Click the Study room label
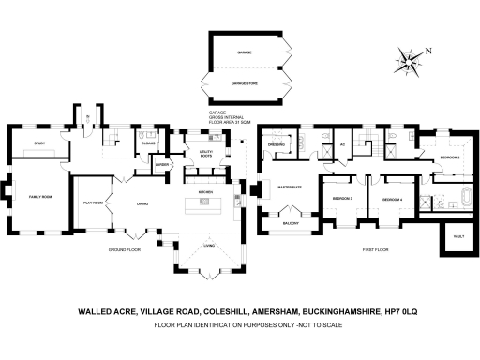39,143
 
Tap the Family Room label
40,196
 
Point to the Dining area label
143,202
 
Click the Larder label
161,165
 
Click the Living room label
208,247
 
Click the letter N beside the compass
428,51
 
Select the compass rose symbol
410,61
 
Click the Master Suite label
287,187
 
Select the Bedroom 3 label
342,200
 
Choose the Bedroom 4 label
392,200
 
